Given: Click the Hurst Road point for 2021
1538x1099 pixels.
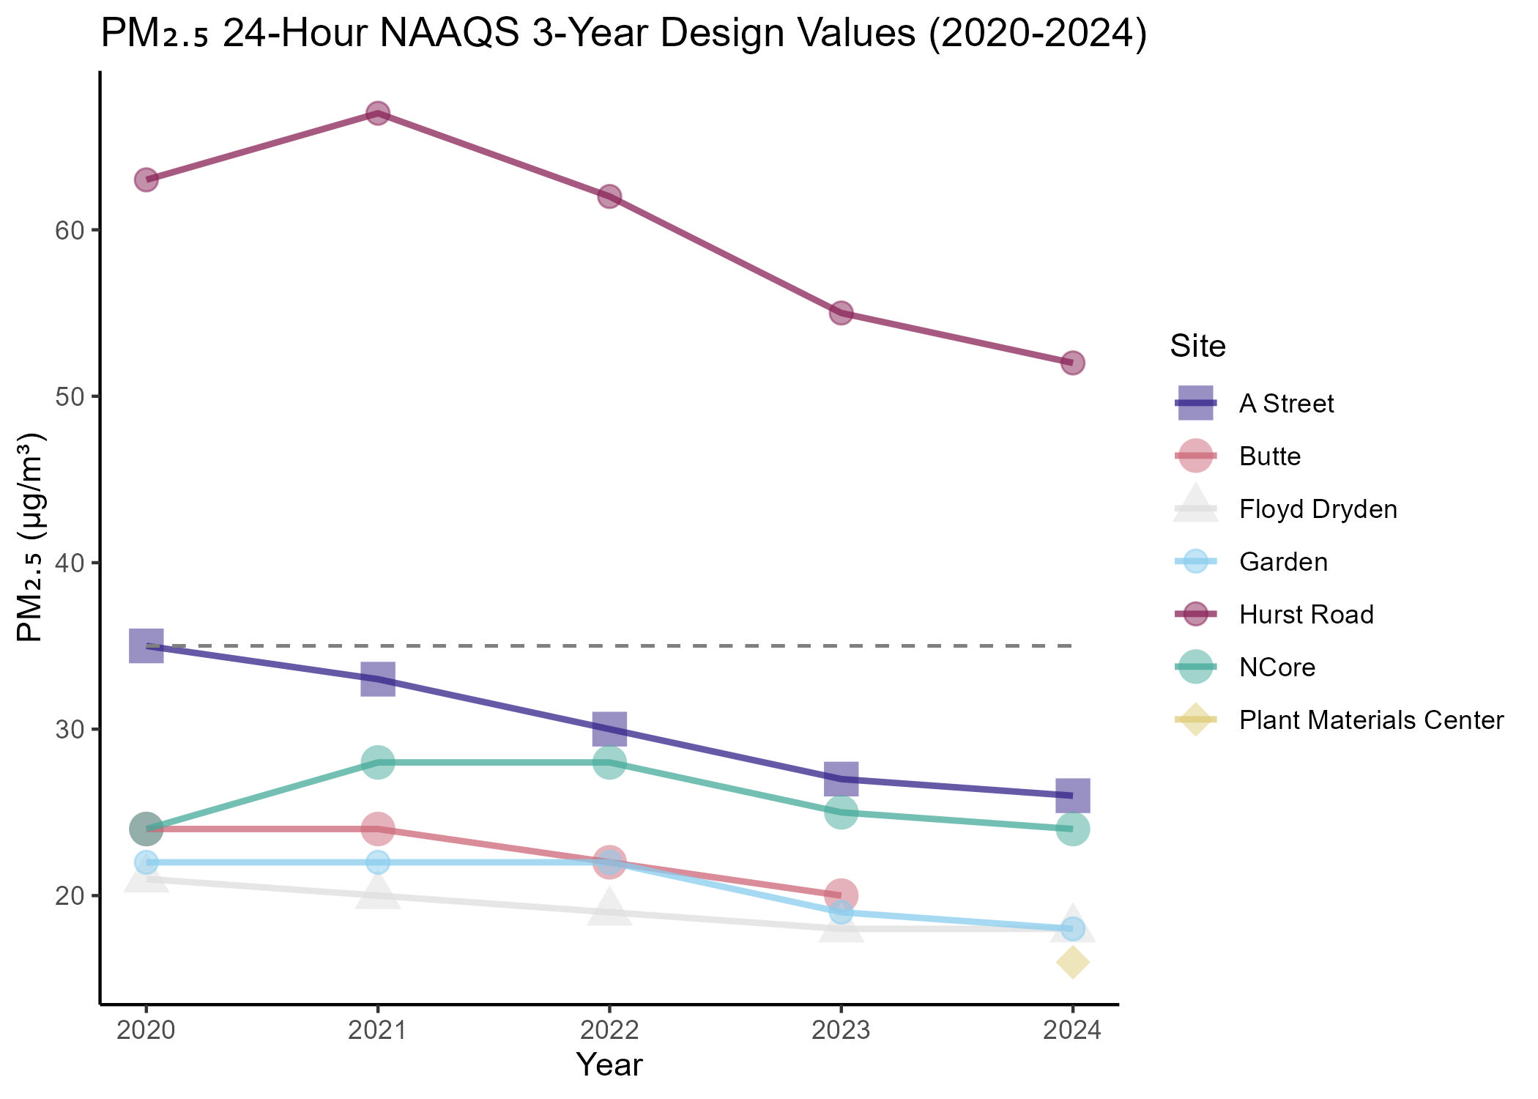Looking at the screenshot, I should (x=377, y=113).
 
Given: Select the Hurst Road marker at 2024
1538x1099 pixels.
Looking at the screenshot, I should (x=1072, y=363).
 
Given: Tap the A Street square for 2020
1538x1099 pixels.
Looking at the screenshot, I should (x=146, y=645).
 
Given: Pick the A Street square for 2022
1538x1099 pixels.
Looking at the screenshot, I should (x=609, y=728).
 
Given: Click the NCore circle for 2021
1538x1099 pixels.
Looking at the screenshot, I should (x=377, y=762).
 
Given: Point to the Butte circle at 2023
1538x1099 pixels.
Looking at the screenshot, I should (x=841, y=895).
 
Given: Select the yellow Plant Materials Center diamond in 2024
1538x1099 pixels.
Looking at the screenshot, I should (x=1072, y=962).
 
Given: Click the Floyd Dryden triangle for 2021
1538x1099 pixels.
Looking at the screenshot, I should (x=377, y=892).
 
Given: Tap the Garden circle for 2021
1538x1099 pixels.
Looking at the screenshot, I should (x=377, y=862).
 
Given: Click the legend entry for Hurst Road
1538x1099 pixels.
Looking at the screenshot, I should (x=1306, y=615).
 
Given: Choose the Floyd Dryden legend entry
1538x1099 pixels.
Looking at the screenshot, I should (x=1318, y=509).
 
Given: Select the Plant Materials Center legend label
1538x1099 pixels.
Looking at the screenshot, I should (x=1371, y=720).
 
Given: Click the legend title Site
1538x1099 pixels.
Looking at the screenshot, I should (x=1197, y=346).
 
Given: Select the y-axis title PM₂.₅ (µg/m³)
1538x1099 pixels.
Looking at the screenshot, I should (x=31, y=538).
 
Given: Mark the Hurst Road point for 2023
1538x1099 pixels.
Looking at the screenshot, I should (x=841, y=313).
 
